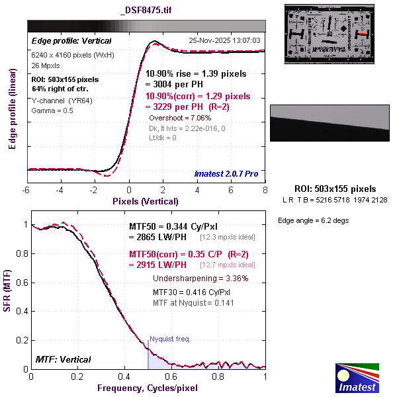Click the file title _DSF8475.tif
pyautogui.click(x=146, y=10)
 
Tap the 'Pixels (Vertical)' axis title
pyautogui.click(x=146, y=201)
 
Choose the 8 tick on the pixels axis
pyautogui.click(x=265, y=190)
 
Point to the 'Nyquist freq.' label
pyautogui.click(x=170, y=339)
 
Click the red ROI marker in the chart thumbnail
pyautogui.click(x=363, y=32)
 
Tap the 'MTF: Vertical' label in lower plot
pyautogui.click(x=64, y=359)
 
